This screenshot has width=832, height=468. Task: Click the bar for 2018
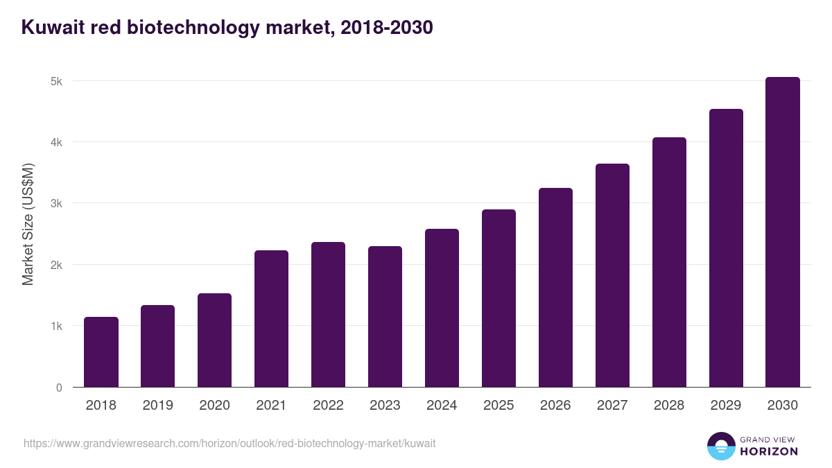[101, 352]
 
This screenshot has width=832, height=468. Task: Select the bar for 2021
[271, 319]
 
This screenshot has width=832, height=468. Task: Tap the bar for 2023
[385, 317]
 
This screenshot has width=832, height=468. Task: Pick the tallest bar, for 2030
[783, 232]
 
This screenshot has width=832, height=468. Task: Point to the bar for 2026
[555, 288]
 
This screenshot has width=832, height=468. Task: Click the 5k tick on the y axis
[57, 81]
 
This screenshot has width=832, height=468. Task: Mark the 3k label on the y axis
[57, 204]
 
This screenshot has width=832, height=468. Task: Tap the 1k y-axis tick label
[57, 326]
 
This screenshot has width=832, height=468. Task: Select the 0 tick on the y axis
[60, 388]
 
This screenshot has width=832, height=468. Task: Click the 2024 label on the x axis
[442, 406]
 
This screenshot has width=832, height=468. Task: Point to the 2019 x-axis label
[157, 406]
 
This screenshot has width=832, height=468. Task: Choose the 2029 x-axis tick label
[726, 406]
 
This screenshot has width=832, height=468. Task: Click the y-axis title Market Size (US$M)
[28, 224]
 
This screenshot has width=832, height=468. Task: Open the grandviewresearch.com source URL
[229, 443]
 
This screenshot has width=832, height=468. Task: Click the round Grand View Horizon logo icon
[720, 446]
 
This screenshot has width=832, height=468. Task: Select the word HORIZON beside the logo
[769, 451]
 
